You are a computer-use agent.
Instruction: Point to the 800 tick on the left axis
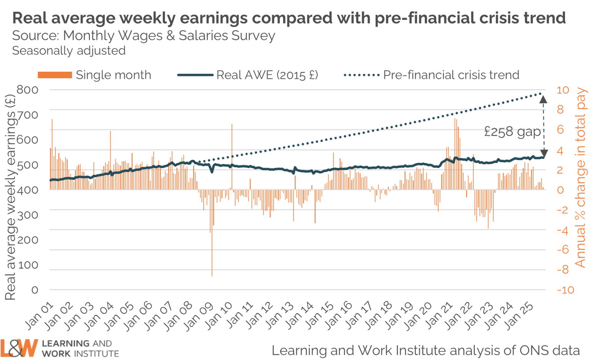pos(28,90)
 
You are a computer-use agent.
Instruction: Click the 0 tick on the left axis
pos(35,290)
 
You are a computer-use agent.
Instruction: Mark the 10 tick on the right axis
pos(563,90)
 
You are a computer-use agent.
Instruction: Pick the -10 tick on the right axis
pos(565,290)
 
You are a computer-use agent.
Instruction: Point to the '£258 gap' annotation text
pos(512,132)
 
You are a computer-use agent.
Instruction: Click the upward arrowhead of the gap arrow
pos(543,99)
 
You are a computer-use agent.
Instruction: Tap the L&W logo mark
pos(19,348)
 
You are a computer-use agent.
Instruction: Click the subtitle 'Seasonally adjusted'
pos(69,51)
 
